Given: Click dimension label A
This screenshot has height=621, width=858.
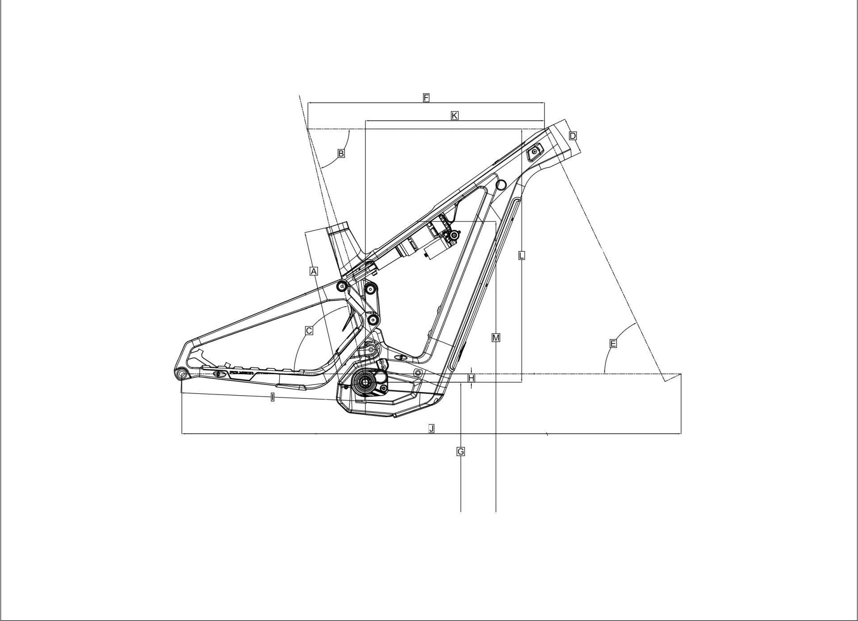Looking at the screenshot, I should pos(314,271).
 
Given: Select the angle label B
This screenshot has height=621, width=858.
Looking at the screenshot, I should pos(341,153).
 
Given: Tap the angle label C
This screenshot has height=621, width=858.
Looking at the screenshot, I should pos(308,331).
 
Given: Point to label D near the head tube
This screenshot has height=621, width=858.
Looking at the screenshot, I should pos(573,135).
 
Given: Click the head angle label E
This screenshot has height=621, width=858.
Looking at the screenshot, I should pos(613,343).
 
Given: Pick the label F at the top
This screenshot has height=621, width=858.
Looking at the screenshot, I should pos(426,97).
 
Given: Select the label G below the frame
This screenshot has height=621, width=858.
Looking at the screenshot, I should pos(461,452).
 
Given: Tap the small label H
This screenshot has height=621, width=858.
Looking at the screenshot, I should pos(471,379).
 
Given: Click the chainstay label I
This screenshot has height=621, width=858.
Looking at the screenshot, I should pos(273,397).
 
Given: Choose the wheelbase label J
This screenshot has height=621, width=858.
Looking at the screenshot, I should pos(431,429).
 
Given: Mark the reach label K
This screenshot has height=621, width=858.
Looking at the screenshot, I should pos(454,116).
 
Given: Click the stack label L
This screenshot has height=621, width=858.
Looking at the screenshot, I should pos(522,255).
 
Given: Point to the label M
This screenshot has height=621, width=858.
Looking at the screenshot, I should pos(496,338).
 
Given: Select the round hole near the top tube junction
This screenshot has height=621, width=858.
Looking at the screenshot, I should pos(501,184).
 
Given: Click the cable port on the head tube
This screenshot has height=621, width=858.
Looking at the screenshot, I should pos(534,152).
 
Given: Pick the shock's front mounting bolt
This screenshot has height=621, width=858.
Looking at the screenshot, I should pos(454,235).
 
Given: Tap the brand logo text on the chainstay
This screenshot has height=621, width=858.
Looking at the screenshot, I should pos(241,372).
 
